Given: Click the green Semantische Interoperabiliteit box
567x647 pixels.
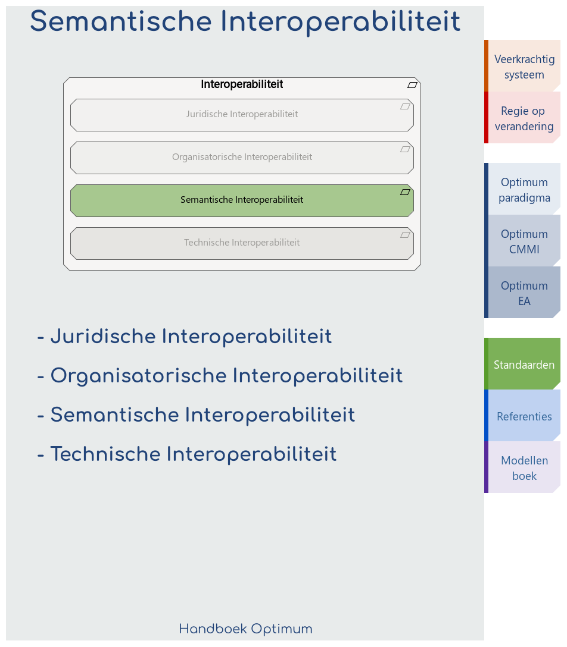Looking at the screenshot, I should tap(242, 200).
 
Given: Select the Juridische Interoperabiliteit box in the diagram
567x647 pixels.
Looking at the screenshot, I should tap(242, 115).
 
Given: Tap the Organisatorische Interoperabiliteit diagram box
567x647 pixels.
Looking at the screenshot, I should tap(242, 158).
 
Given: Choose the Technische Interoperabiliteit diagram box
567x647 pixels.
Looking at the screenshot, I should tap(242, 243).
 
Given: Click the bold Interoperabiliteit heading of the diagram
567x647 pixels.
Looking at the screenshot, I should tap(242, 84).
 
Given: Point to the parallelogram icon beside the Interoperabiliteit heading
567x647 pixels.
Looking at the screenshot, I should tap(412, 85).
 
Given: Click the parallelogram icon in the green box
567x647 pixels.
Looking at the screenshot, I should tap(406, 192).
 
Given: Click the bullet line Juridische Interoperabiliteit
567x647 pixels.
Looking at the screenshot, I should tap(185, 337).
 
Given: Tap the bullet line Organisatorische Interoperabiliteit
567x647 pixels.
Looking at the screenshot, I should tap(220, 376).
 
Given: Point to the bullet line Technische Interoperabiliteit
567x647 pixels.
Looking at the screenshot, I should tap(187, 454).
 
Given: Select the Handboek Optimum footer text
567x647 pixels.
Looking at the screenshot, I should tap(245, 629).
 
